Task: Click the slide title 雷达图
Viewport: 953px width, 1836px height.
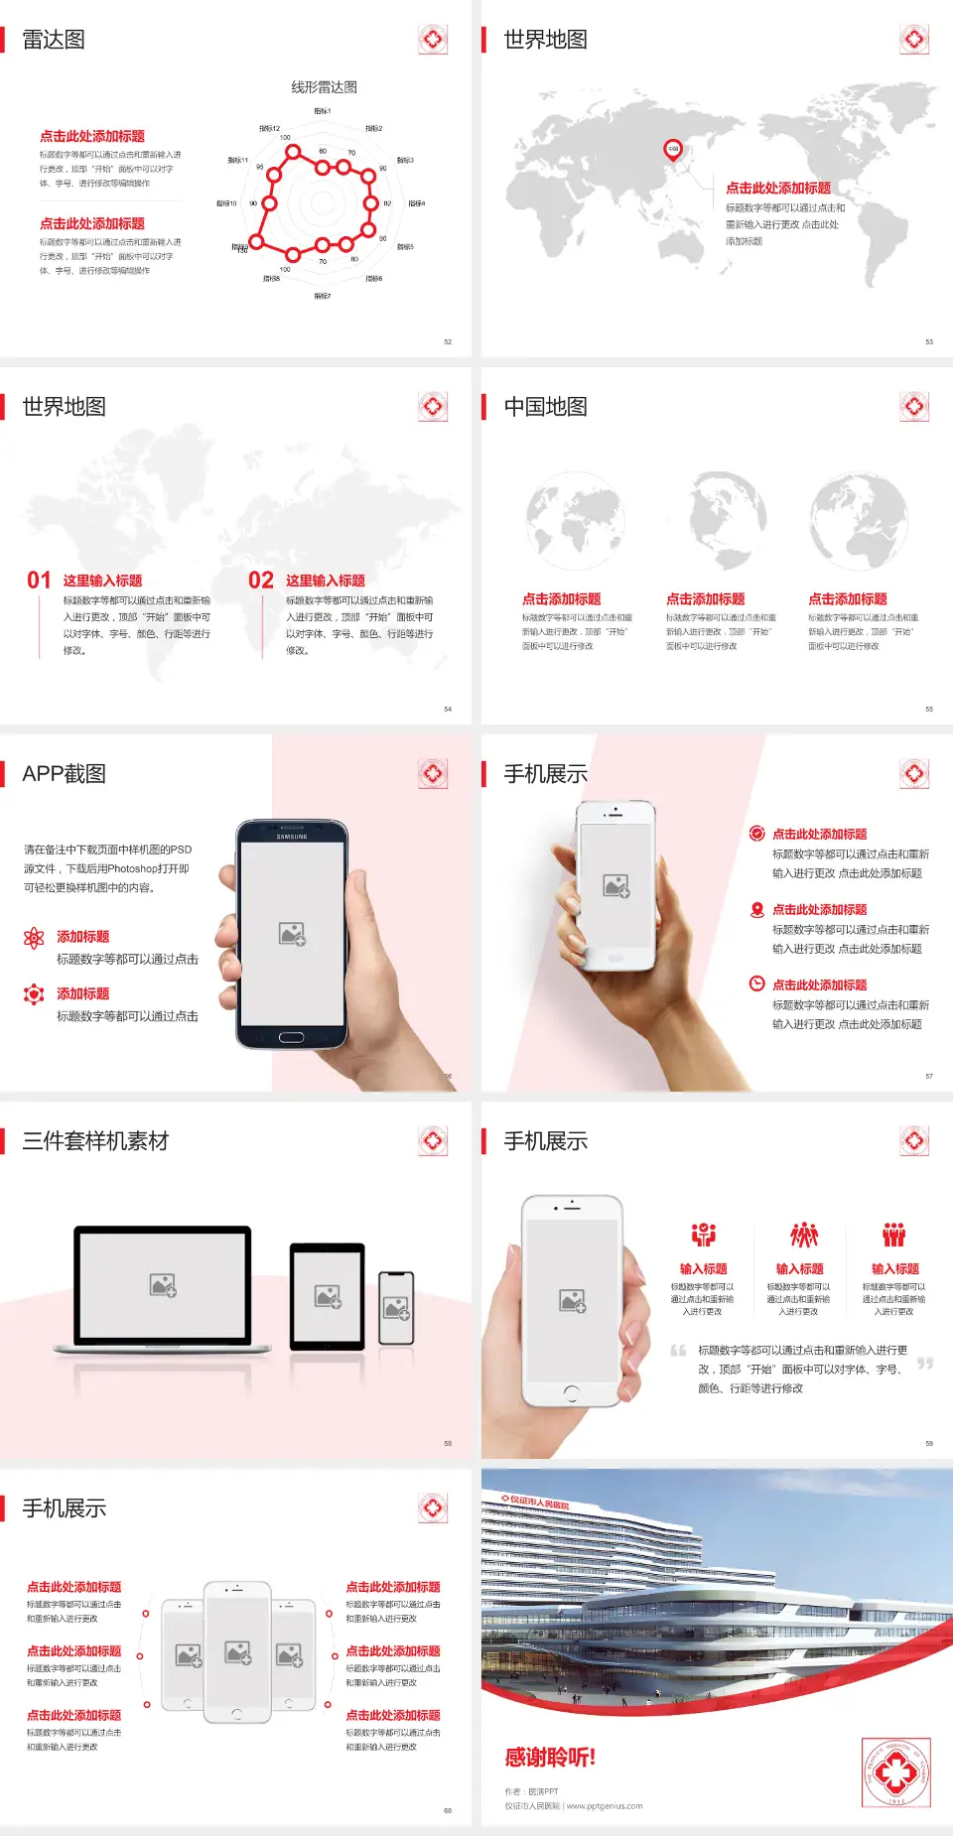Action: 54,40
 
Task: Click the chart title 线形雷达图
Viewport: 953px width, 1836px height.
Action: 324,87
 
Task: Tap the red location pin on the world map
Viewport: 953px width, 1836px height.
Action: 672,150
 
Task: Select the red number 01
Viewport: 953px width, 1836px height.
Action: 39,581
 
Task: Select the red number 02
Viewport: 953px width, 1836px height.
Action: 261,581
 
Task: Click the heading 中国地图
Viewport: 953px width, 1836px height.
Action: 545,407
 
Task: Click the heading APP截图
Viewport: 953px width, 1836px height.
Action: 64,774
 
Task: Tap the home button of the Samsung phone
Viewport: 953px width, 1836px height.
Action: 291,1037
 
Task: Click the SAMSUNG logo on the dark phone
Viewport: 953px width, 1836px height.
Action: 292,837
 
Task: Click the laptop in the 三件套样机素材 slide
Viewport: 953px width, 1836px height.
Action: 163,1288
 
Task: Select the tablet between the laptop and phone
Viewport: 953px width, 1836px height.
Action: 328,1295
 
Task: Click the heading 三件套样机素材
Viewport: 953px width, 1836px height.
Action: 95,1141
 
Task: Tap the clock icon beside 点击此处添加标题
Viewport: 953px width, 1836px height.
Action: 756,984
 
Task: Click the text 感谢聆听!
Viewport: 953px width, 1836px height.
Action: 550,1758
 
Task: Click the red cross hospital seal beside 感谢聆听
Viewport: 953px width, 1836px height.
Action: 895,1771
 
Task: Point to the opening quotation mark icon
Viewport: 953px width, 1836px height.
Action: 678,1351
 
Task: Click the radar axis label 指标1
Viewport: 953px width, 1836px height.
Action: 323,111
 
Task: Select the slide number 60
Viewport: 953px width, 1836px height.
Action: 448,1810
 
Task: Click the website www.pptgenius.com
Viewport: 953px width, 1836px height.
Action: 605,1806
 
